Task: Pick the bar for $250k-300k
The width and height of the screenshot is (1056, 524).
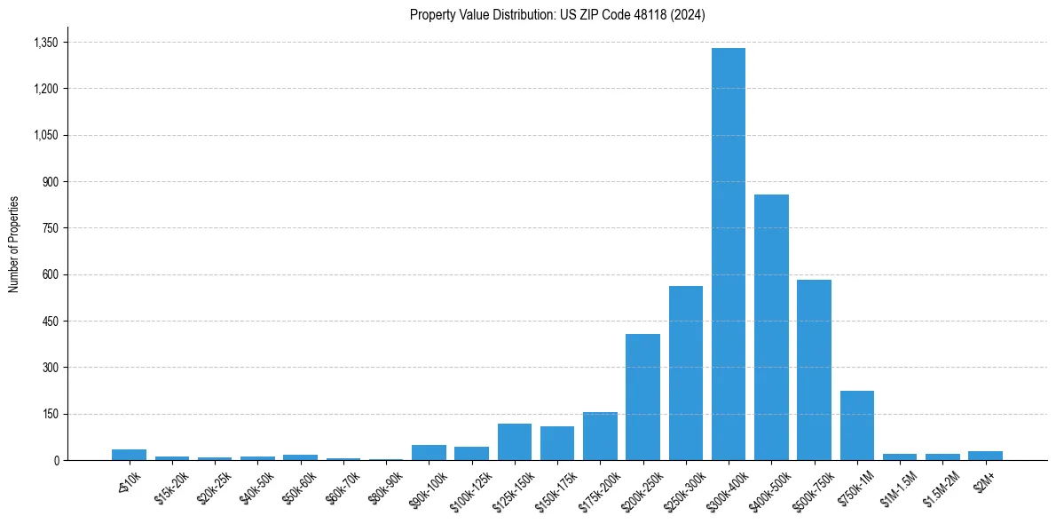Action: click(x=686, y=373)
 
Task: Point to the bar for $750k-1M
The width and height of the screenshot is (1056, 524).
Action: click(x=857, y=425)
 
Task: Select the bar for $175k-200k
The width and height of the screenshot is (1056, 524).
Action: click(x=600, y=436)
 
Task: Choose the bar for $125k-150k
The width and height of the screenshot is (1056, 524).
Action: click(x=515, y=442)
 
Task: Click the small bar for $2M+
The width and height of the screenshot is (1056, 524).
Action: click(x=985, y=456)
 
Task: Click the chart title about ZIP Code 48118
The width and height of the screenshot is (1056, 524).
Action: click(x=557, y=15)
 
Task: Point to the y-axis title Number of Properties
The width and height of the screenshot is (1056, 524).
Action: click(x=14, y=244)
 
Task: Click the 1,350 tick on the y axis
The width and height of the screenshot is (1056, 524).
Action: click(x=45, y=43)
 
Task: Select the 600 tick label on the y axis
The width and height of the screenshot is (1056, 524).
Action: click(x=50, y=274)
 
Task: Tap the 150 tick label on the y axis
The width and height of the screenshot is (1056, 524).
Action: click(x=50, y=414)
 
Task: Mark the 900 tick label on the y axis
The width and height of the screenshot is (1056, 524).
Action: click(x=50, y=182)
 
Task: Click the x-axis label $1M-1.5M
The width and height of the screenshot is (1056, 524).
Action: click(x=899, y=488)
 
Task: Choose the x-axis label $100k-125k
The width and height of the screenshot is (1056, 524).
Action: click(x=471, y=489)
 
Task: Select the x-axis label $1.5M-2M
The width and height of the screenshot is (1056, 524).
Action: click(x=941, y=488)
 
